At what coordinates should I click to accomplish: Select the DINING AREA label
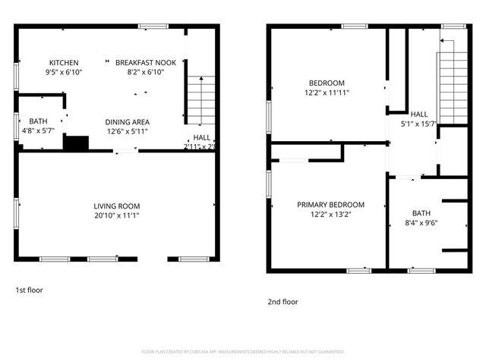click(x=127, y=122)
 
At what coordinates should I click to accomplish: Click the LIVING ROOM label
click(x=117, y=206)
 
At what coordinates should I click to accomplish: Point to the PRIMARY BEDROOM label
click(x=330, y=205)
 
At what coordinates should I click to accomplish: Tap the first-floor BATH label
click(x=38, y=121)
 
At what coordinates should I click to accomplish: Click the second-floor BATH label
click(x=421, y=213)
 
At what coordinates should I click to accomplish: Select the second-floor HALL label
click(x=419, y=114)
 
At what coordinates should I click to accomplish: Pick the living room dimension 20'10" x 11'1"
click(x=117, y=215)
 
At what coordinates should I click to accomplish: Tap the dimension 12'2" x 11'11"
click(x=327, y=93)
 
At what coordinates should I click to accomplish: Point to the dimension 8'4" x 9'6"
click(x=421, y=223)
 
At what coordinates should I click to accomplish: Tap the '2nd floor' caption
click(x=282, y=301)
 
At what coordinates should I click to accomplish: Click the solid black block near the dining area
click(x=76, y=143)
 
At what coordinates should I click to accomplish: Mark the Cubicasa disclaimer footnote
click(x=243, y=352)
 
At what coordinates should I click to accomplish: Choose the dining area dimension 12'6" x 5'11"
click(x=127, y=131)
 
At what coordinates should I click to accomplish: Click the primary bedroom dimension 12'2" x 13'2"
click(x=330, y=215)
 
